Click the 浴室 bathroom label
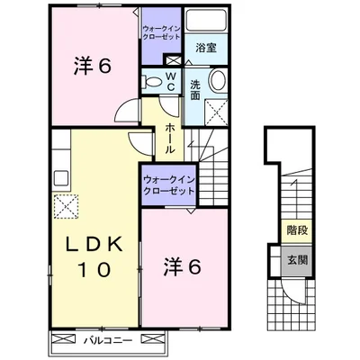pos(206,48)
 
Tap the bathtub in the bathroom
pos(206,20)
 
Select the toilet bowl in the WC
pos(153,82)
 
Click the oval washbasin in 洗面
pos(220,80)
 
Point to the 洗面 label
pos(195,90)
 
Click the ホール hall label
pos(169,139)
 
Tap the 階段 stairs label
pos(297,230)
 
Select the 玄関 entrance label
pos(298,260)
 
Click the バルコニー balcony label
pos(108,341)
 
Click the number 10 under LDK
pos(94,270)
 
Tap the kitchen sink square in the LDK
pos(61,179)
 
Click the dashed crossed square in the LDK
pos(66,206)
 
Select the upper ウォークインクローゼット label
pos(161,33)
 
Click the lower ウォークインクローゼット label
pos(169,185)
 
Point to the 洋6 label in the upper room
pos(93,66)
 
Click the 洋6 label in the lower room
pos(182,267)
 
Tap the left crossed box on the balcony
pos(62,340)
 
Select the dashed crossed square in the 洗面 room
pos(216,112)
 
